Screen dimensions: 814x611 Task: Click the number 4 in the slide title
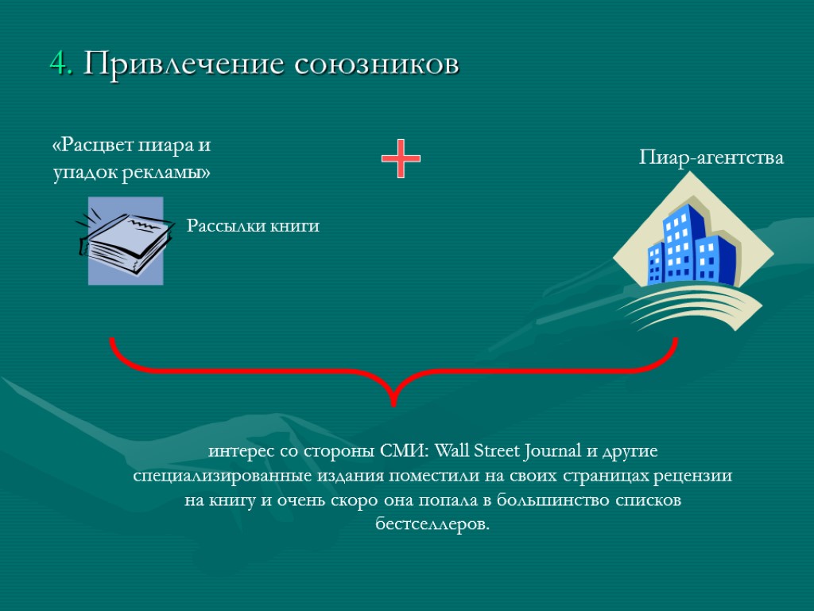pos(57,63)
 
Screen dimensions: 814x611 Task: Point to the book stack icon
pos(126,240)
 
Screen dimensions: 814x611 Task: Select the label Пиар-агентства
pos(711,158)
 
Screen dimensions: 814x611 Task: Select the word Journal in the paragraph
pos(554,451)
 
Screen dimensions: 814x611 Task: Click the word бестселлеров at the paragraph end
pos(432,525)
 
